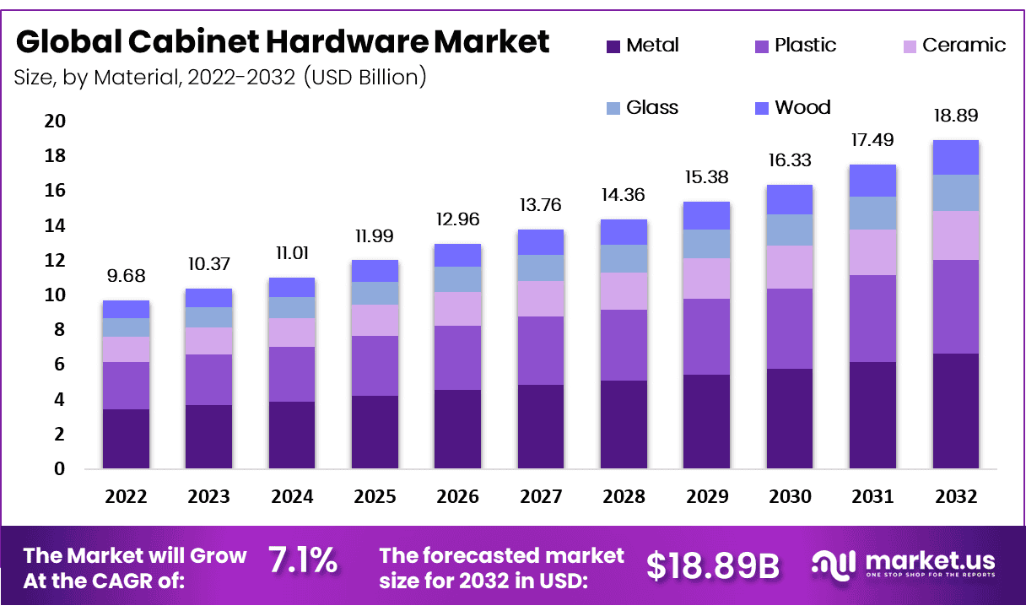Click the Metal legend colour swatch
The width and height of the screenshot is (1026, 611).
pos(613,46)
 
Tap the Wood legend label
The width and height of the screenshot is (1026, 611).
pos(802,108)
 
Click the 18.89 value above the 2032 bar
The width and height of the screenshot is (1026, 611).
pos(955,116)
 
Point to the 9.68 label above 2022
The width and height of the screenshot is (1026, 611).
pos(126,277)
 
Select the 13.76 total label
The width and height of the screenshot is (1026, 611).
pos(540,205)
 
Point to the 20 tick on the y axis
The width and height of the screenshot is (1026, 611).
pos(54,122)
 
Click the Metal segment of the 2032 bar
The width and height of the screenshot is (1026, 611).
pos(955,411)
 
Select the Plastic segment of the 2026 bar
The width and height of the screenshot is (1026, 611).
pos(457,358)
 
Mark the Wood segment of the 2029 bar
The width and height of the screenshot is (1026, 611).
pos(706,215)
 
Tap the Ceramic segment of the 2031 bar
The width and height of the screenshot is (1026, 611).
pos(872,252)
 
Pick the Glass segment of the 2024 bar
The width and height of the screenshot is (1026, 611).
pos(291,307)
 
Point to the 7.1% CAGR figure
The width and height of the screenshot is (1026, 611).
pos(303,560)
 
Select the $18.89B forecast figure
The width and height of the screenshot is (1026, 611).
pos(712,566)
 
